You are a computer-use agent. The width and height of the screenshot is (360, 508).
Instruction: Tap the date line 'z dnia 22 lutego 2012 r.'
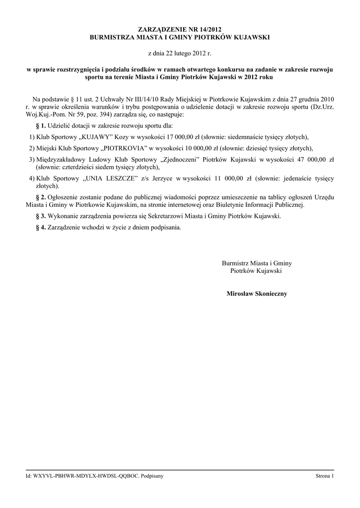pyautogui.click(x=180, y=52)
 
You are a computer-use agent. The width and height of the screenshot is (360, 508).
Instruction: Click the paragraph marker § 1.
pyautogui.click(x=41, y=126)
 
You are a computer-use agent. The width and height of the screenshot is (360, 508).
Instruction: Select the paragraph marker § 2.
pyautogui.click(x=41, y=197)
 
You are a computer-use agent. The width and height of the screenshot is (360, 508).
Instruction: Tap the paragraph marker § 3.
pyautogui.click(x=41, y=216)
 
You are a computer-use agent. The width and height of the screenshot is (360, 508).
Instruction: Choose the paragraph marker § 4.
pyautogui.click(x=41, y=228)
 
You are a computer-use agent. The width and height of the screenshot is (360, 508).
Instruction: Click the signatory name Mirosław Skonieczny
pyautogui.click(x=257, y=294)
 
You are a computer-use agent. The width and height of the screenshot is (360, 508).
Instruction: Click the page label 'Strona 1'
pyautogui.click(x=325, y=476)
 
